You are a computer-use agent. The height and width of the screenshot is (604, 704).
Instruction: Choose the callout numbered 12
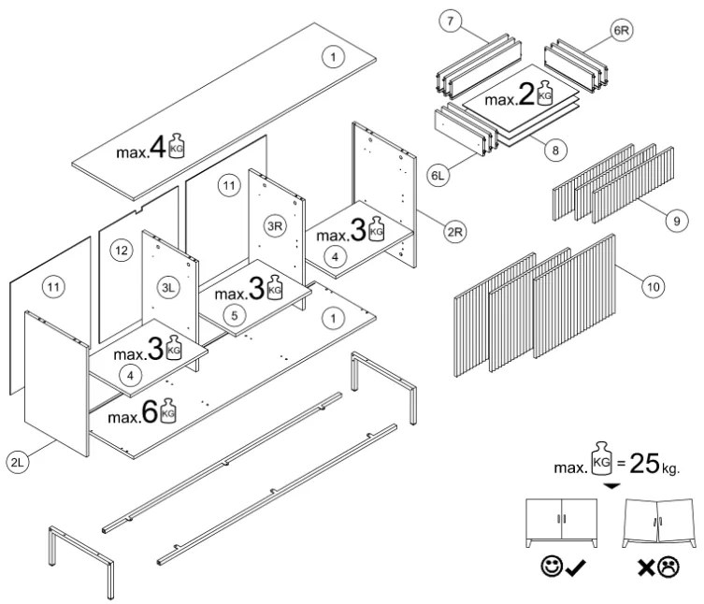click(120, 250)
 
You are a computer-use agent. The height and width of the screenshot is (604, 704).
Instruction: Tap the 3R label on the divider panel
click(275, 226)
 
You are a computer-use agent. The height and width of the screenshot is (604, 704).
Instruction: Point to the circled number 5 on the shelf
click(235, 316)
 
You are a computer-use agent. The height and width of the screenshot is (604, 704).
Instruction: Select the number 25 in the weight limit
click(643, 465)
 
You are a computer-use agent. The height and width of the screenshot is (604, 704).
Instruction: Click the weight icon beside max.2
click(546, 94)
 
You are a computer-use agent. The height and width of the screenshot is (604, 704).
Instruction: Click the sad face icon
click(668, 567)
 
